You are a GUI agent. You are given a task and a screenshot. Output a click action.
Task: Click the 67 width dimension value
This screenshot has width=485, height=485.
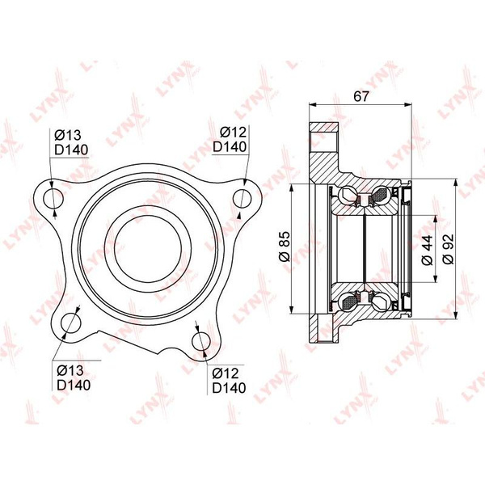tap(361, 96)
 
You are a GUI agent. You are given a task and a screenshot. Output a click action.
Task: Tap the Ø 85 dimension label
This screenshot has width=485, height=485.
tap(285, 247)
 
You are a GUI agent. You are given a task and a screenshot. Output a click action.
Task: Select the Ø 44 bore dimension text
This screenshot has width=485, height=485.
tap(428, 250)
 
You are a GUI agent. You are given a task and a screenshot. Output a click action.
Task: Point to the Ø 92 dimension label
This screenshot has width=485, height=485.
tap(448, 249)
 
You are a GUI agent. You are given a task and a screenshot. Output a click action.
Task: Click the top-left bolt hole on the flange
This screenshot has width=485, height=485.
tap(53, 198)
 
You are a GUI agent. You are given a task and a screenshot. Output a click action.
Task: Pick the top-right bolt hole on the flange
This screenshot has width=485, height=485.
tap(242, 198)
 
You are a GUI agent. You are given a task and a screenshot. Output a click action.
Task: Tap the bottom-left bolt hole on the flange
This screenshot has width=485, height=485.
tap(71, 323)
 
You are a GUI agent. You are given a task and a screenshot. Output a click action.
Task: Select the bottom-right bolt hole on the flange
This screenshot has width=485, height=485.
tap(201, 342)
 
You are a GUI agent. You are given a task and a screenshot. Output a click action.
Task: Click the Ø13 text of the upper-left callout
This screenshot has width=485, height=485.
tap(68, 136)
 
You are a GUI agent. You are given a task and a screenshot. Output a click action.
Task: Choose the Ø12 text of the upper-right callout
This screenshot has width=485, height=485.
tap(234, 133)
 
